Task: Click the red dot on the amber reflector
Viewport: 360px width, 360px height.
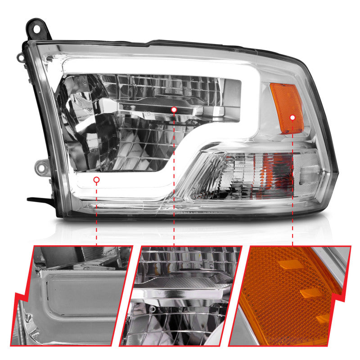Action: (x=293, y=117)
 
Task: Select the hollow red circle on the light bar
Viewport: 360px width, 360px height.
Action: (x=96, y=180)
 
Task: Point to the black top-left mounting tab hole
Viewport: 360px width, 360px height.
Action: (x=35, y=25)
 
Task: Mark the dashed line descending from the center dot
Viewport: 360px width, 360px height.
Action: (x=174, y=180)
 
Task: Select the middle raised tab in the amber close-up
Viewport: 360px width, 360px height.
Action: (x=311, y=293)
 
